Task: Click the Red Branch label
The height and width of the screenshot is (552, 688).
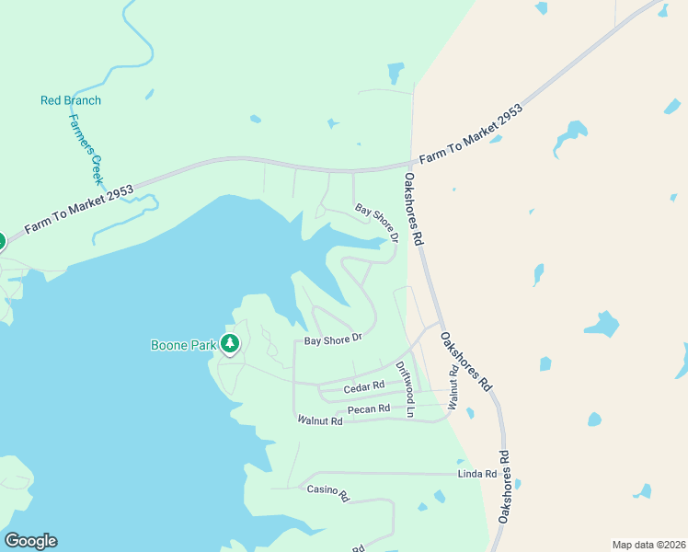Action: tap(71, 100)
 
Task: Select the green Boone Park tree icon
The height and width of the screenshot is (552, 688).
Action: tap(230, 345)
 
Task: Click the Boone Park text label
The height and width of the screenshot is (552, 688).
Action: tap(183, 346)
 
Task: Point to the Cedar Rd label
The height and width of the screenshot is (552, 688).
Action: tap(363, 388)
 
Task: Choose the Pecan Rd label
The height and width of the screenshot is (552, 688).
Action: tap(369, 408)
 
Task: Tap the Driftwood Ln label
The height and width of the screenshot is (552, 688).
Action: tap(406, 389)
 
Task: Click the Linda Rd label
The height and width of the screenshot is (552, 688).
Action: tap(477, 474)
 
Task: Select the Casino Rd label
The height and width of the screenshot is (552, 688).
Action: tap(328, 493)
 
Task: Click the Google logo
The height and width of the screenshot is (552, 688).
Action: tap(30, 541)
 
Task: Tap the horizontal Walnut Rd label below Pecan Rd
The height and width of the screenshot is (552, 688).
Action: tap(320, 420)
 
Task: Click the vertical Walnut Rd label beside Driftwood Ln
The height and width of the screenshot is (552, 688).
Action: tap(453, 388)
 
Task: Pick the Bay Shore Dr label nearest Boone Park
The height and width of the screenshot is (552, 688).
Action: tap(333, 339)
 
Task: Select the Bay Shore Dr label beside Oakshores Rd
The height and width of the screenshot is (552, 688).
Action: tap(377, 223)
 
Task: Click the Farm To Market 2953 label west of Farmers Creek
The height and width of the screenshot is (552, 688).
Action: tap(79, 208)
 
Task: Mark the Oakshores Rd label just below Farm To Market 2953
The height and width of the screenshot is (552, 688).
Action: tap(413, 209)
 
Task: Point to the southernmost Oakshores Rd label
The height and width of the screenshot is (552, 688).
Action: tap(504, 487)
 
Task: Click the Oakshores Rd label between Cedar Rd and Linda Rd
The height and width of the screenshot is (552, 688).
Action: tap(465, 362)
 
